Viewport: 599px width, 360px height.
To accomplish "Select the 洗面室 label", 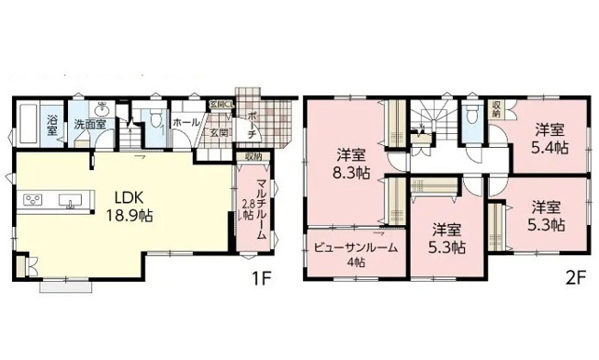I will pyautogui.click(x=91, y=123).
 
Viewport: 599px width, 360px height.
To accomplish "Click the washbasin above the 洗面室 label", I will pyautogui.click(x=101, y=107).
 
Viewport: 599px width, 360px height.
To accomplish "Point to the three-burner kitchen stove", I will pyautogui.click(x=32, y=199).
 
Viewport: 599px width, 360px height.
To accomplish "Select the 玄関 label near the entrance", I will pyautogui.click(x=218, y=133).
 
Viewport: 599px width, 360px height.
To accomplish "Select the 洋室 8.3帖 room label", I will pyautogui.click(x=352, y=161).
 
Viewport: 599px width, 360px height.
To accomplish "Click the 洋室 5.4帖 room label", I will pyautogui.click(x=550, y=137).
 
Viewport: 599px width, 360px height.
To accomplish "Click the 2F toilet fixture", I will pyautogui.click(x=473, y=115).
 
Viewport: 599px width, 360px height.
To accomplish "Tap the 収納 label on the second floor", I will pyautogui.click(x=496, y=108).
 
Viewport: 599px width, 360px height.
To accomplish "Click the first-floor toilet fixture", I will pyautogui.click(x=156, y=118).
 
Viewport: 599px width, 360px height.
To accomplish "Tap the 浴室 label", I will pyautogui.click(x=52, y=124).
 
